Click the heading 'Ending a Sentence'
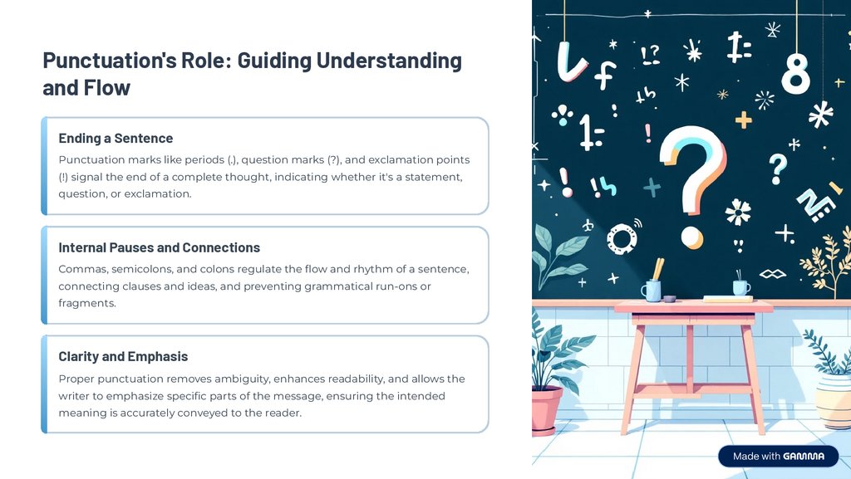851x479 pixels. coord(116,138)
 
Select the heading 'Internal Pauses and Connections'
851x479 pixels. coord(159,247)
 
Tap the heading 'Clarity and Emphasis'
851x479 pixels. coord(123,356)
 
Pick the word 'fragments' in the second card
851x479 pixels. coord(86,303)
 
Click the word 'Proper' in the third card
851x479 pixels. coord(77,379)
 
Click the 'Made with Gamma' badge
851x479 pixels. coord(778,456)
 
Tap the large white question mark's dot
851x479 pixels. coord(691,238)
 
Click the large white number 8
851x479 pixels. coord(795,72)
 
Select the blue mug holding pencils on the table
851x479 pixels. coord(652,289)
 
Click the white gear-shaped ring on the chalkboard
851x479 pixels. coord(621,238)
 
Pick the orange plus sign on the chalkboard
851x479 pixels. coord(743,120)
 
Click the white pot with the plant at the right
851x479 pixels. coord(834,398)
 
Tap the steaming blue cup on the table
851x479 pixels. coord(740,287)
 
